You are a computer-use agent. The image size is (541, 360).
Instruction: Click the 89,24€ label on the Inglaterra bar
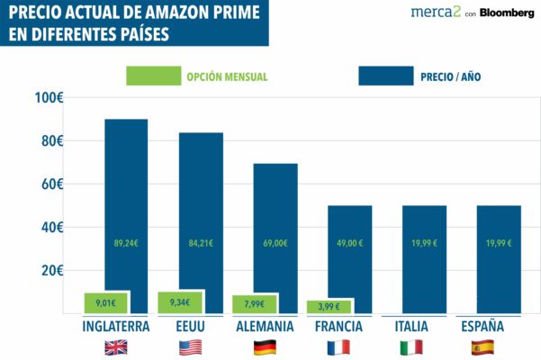(126, 242)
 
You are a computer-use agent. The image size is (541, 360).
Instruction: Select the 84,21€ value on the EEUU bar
(201, 242)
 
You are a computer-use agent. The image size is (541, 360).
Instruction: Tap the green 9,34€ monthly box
(180, 302)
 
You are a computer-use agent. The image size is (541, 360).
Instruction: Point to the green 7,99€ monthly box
(254, 304)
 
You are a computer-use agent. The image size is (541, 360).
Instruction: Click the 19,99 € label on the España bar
(498, 242)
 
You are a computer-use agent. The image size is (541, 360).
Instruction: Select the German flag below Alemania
(265, 347)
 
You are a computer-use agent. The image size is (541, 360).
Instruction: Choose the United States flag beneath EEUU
(191, 347)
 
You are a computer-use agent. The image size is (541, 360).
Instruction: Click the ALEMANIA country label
(265, 326)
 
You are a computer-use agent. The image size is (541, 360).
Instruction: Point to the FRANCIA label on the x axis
(338, 326)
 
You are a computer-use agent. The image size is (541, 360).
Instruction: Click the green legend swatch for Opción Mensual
(152, 76)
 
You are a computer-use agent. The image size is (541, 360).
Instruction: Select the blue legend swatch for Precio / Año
(385, 76)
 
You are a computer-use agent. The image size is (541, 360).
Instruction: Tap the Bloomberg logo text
(507, 13)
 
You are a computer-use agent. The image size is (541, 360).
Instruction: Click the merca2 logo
(436, 13)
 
